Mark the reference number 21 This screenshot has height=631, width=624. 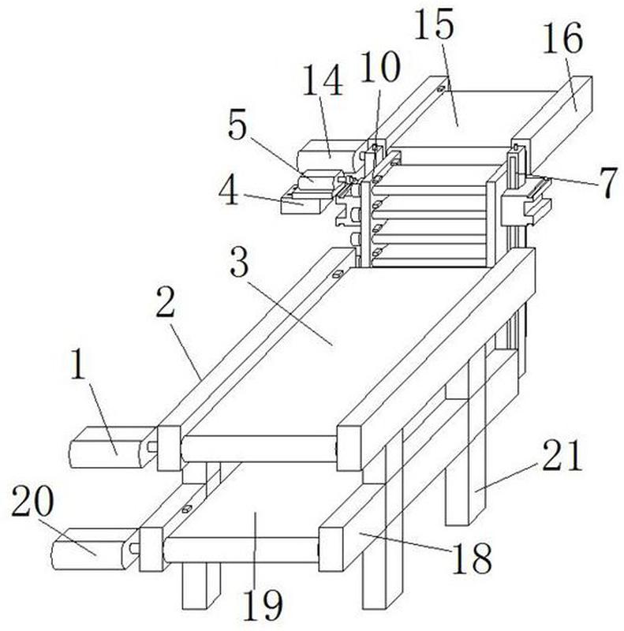click(x=562, y=455)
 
